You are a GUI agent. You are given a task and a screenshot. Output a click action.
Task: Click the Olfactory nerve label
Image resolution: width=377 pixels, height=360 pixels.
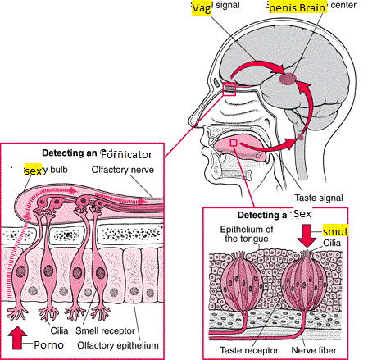tap(122, 170)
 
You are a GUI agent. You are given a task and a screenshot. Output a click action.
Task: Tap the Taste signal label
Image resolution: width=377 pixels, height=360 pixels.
tap(319, 198)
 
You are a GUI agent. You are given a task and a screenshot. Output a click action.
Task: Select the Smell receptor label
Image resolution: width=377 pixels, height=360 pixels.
tap(105, 330)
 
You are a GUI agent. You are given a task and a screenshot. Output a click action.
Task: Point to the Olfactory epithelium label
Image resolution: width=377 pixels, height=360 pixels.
tap(118, 345)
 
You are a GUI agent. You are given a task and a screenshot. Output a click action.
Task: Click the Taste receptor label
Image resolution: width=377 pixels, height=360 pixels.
tap(249, 350)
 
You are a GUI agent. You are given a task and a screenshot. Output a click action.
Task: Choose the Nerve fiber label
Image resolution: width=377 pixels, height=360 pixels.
tap(314, 350)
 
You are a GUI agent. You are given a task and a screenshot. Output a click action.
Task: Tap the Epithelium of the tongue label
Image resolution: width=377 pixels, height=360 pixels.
tap(247, 234)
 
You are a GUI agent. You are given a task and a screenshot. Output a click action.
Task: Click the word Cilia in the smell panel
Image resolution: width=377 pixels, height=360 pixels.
tap(59, 330)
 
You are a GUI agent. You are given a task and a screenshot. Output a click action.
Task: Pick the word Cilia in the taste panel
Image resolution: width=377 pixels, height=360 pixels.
tap(332, 243)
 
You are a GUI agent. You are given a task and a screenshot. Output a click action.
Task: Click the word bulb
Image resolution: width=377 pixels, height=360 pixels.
tap(59, 170)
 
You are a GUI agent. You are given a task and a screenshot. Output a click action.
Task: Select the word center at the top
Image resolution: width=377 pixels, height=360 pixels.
tap(343, 5)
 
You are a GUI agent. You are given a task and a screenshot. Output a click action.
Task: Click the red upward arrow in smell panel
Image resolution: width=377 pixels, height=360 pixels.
tap(17, 338)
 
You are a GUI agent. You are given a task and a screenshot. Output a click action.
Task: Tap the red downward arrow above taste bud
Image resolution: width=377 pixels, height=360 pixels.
tap(307, 236)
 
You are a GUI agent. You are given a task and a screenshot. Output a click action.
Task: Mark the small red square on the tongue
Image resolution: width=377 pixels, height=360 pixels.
tap(234, 143)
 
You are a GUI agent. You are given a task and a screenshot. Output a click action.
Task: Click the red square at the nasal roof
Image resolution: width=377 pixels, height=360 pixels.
tap(229, 89)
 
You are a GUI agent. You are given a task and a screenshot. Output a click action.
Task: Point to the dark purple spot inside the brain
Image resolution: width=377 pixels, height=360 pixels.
tap(288, 79)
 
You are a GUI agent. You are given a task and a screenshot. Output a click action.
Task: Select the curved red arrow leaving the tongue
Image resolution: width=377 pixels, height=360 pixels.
tap(269, 148)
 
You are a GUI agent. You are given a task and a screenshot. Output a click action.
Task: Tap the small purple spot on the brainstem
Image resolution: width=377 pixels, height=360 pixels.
tap(301, 137)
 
